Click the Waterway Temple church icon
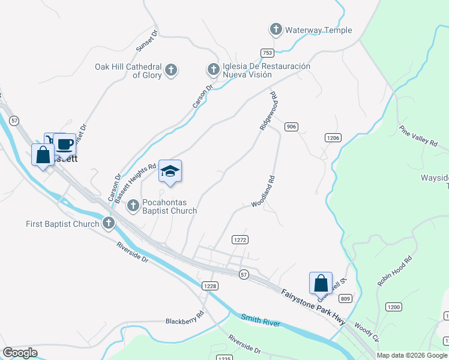(x=276, y=29)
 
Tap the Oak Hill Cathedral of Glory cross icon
(x=170, y=71)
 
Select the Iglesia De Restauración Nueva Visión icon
(x=213, y=70)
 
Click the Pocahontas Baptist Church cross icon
(x=134, y=206)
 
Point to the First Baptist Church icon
(x=109, y=224)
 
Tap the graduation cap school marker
(x=170, y=172)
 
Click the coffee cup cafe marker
(x=65, y=144)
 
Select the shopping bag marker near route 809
(x=321, y=283)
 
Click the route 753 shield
(x=267, y=53)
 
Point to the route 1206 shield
(x=333, y=138)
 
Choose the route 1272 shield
(x=240, y=239)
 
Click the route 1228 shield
(x=209, y=286)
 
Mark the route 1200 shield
(x=393, y=307)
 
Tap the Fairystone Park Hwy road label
(x=313, y=308)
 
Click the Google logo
(x=20, y=353)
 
